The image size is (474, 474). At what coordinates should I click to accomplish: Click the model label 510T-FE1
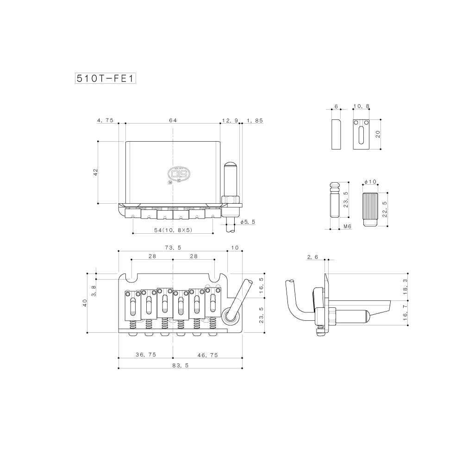tap(105, 78)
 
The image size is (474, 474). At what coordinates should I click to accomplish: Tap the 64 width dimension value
tap(173, 120)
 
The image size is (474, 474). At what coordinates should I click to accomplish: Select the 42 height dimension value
tap(95, 172)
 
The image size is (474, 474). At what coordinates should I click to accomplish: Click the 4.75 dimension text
tap(105, 120)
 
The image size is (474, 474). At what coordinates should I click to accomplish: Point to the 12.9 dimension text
tap(230, 120)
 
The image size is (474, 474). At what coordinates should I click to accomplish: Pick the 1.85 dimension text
tap(255, 120)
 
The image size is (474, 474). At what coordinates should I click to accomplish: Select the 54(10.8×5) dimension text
tap(173, 230)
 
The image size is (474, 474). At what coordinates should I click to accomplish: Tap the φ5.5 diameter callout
tap(248, 222)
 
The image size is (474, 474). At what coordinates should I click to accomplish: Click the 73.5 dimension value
tap(173, 248)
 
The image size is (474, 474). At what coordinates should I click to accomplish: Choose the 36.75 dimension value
tap(145, 355)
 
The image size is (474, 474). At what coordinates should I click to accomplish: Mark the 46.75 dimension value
tap(207, 355)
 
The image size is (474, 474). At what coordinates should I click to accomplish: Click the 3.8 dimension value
tap(94, 291)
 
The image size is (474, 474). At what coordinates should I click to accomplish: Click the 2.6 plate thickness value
tap(312, 257)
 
